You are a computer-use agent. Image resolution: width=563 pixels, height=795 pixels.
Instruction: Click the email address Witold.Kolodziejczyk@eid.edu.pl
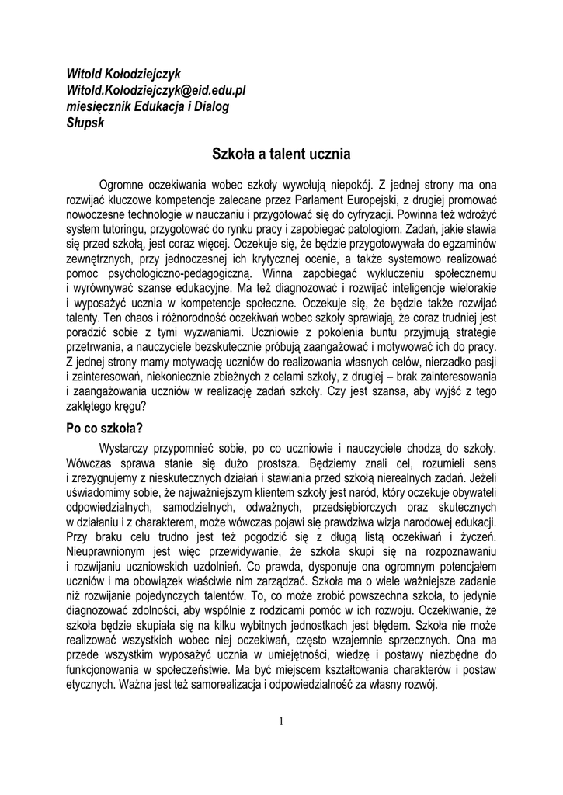pos(156,90)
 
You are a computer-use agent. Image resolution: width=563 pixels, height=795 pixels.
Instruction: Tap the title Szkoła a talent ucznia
pos(281,154)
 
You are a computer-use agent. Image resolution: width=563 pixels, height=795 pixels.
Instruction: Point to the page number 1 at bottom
pos(281,721)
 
